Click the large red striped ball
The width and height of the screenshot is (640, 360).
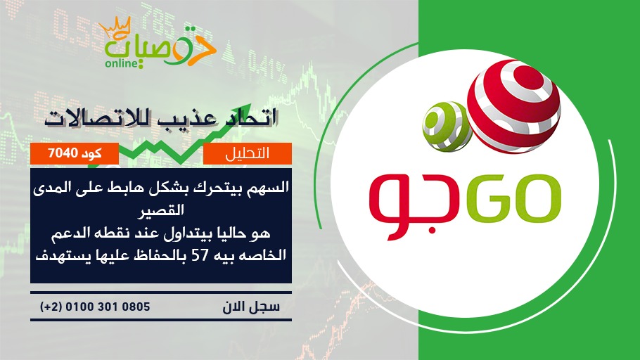pos(513,106)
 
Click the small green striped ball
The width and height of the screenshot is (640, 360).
pos(447,127)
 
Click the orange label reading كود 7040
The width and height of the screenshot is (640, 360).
pos(75,153)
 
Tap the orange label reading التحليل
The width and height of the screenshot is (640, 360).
pos(248,153)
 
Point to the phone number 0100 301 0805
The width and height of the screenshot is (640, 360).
pos(108,307)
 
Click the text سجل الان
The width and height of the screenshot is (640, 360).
pos(251,307)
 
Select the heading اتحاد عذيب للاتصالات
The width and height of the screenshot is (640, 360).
pos(161,118)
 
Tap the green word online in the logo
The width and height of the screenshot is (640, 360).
pos(122,64)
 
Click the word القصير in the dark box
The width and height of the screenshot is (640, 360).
pos(161,210)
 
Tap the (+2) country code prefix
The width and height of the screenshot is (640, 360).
pos(51,307)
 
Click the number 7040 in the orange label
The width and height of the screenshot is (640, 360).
pos(63,153)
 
